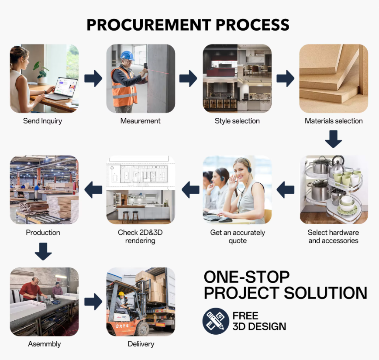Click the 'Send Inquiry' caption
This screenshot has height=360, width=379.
click(42, 121)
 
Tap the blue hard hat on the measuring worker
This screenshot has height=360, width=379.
click(127, 56)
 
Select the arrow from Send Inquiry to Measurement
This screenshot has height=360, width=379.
click(93, 79)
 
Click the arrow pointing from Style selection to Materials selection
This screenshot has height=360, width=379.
click(285, 79)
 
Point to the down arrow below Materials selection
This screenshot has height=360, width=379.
click(333, 140)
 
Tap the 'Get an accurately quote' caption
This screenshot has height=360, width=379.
click(238, 237)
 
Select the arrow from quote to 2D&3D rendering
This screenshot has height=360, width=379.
click(190, 189)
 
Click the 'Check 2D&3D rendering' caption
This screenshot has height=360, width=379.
click(140, 237)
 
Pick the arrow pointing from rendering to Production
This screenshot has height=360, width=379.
click(93, 189)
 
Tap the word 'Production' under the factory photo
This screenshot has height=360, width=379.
click(43, 233)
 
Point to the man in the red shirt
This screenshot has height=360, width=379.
click(32, 289)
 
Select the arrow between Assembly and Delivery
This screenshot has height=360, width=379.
click(93, 301)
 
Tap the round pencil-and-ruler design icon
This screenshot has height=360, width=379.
click(216, 321)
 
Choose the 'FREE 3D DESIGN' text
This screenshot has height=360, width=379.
click(259, 321)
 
